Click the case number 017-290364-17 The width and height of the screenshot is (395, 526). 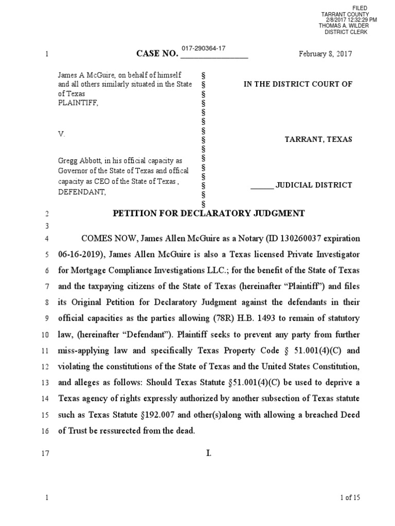[203, 48]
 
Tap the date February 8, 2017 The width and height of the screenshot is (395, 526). [326, 54]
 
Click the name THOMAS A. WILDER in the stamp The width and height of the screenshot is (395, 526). [343, 26]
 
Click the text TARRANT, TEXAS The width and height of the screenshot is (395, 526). [318, 140]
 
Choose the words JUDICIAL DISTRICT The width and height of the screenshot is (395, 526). [314, 185]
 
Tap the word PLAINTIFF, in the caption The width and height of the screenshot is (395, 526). [77, 103]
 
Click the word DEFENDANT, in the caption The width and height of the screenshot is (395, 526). [82, 193]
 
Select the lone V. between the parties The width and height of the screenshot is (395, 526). [61, 134]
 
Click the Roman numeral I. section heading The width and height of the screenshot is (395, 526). [208, 453]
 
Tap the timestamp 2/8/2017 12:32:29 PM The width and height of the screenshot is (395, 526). [351, 20]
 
